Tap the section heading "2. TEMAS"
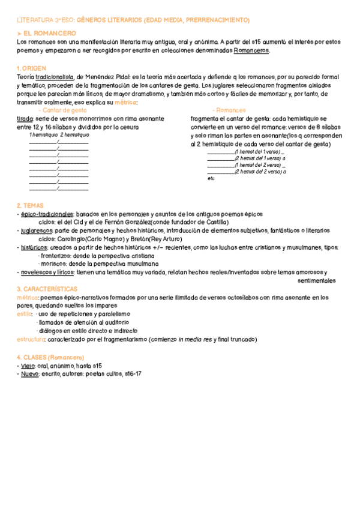(x=31, y=205)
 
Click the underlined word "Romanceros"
(x=251, y=50)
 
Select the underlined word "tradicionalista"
(x=55, y=77)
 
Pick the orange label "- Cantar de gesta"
(x=62, y=110)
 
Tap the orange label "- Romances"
(x=229, y=110)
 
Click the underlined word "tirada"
(x=25, y=119)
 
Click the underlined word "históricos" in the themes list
(x=34, y=247)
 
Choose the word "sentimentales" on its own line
(x=317, y=280)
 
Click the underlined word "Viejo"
(x=28, y=365)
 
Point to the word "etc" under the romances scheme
(x=211, y=178)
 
